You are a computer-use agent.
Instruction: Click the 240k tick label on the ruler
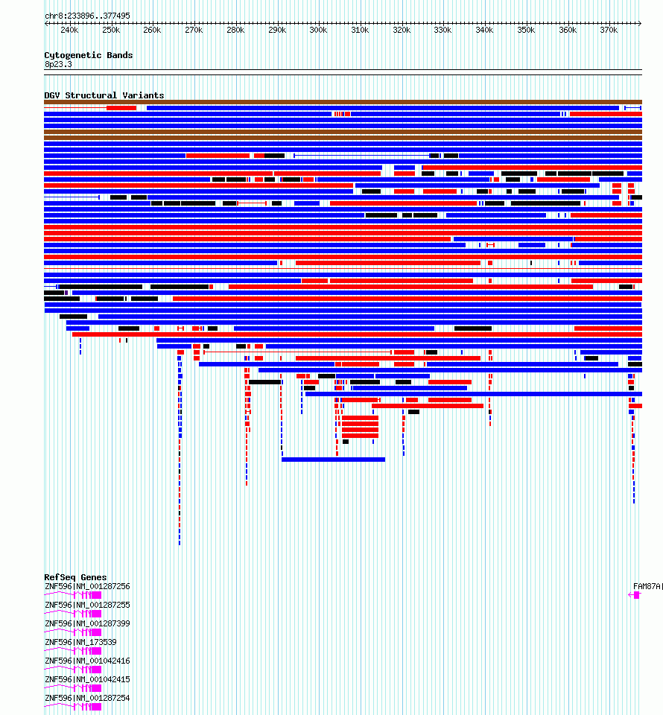pos(69,31)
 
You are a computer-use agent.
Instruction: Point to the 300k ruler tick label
pos(318,31)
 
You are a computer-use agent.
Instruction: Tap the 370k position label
pos(609,31)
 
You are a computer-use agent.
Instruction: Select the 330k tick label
pos(442,31)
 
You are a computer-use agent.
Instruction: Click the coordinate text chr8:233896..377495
pos(87,16)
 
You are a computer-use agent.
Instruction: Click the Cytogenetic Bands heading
pos(88,55)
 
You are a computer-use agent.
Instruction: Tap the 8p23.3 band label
pos(58,65)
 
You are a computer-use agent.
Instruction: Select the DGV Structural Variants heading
pos(104,95)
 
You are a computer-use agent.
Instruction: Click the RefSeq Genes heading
pos(75,577)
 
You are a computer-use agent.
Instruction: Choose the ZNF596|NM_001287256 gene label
pos(87,586)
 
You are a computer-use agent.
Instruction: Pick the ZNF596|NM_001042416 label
pos(87,661)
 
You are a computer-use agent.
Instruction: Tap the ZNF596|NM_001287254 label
pos(87,698)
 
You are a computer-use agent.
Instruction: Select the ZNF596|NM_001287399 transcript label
pos(87,623)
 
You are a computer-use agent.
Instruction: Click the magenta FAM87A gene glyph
pos(635,595)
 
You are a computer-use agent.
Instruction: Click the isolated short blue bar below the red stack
pos(333,460)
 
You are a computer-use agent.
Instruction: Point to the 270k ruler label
pos(194,31)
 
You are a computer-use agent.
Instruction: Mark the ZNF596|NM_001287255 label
pos(87,605)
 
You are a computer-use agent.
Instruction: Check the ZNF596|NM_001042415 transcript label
pos(87,679)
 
